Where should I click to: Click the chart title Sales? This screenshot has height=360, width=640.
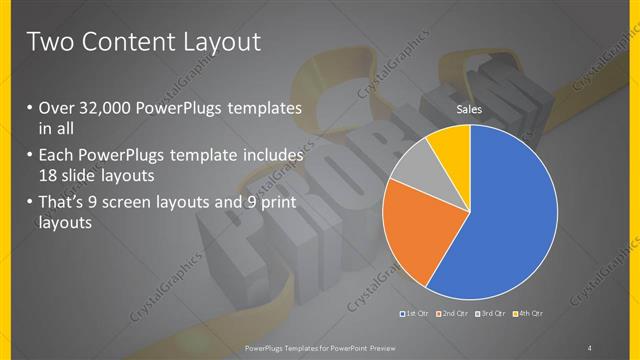tap(470, 109)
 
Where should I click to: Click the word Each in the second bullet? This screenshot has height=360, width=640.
tap(58, 157)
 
